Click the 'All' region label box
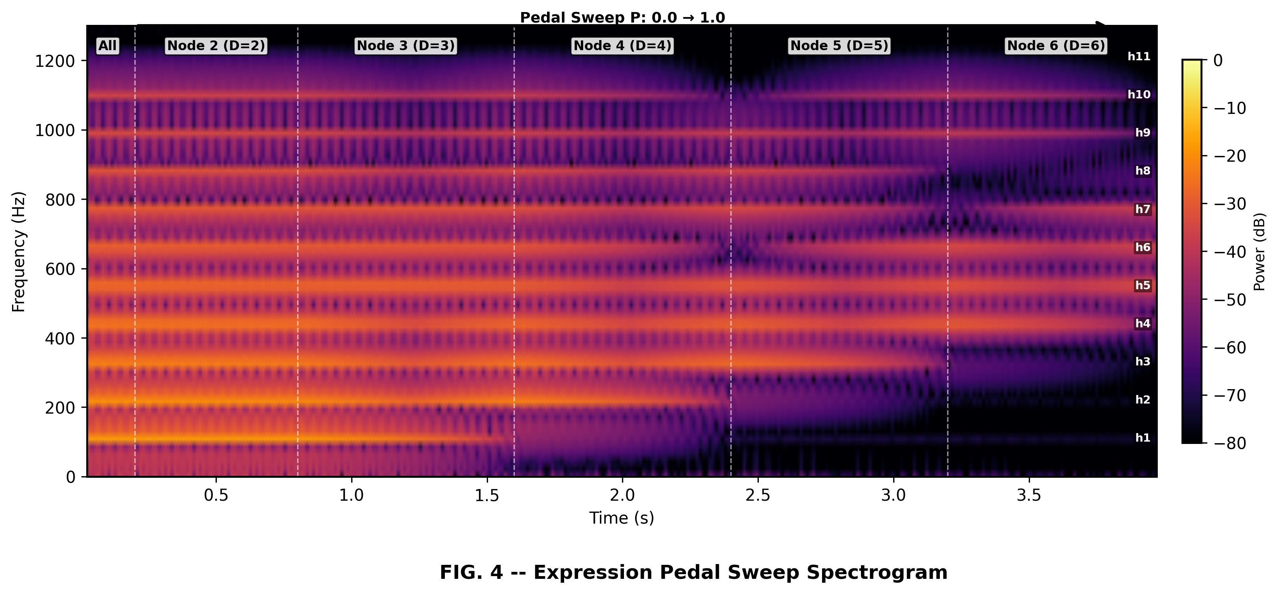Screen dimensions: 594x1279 click(x=107, y=46)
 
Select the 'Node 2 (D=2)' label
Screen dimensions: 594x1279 click(x=216, y=46)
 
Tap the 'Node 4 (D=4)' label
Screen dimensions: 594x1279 click(x=623, y=46)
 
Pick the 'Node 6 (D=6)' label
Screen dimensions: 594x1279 click(x=1056, y=46)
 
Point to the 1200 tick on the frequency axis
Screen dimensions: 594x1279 click(x=55, y=61)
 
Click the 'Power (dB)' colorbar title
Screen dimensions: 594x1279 click(x=1260, y=252)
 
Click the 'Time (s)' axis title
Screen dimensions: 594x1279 click(x=622, y=519)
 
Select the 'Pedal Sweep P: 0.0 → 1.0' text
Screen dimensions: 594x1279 click(x=622, y=18)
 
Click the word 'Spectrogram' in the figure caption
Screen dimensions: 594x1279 click(x=877, y=573)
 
